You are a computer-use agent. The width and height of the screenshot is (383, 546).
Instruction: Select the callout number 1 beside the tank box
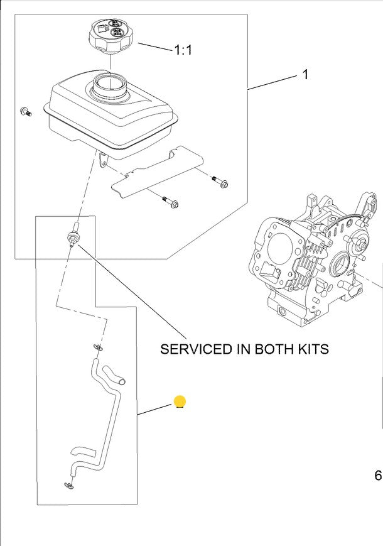click(305, 75)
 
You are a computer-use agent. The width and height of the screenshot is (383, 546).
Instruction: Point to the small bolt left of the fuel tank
click(26, 112)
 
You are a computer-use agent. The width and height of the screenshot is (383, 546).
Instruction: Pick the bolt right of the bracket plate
click(221, 182)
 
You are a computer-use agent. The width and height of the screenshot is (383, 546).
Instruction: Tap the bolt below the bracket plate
click(171, 202)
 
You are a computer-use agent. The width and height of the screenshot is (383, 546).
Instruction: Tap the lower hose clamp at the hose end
click(68, 484)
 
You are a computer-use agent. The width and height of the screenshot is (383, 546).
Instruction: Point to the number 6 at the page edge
click(378, 476)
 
